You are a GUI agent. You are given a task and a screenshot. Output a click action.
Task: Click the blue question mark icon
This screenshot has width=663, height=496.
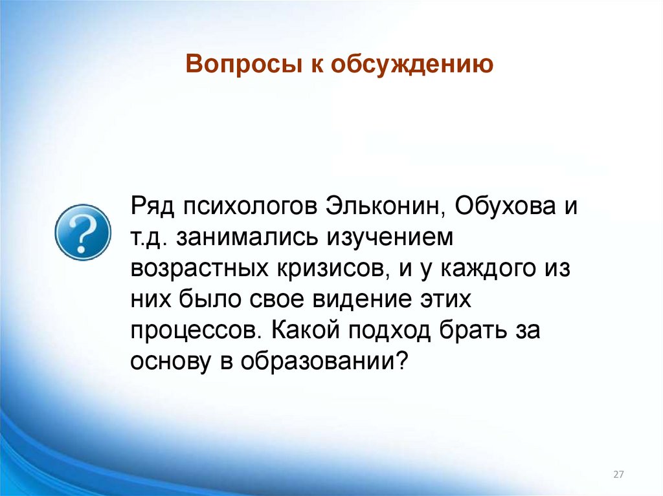tap(79, 232)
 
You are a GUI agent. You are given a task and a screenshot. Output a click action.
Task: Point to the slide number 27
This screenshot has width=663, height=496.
tap(618, 475)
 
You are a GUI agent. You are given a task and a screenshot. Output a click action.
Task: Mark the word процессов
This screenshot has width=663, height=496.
tap(194, 330)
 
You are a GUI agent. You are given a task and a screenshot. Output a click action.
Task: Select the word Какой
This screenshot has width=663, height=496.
tap(302, 330)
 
